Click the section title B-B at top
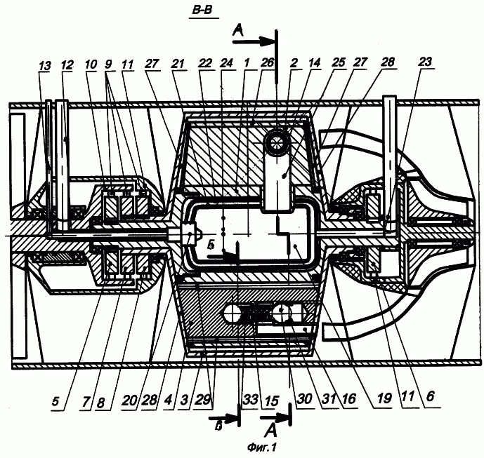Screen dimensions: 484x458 click(202, 11)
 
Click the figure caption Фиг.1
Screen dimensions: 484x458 click(261, 447)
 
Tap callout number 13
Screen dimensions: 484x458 click(45, 66)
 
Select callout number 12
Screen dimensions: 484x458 click(67, 65)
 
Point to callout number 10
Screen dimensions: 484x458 click(91, 65)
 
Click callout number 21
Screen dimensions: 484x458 click(178, 64)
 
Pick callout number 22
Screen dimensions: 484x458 click(205, 63)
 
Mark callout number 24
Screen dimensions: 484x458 click(226, 63)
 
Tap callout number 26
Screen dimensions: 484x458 click(267, 62)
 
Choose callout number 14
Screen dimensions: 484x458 click(314, 62)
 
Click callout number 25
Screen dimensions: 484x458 click(338, 62)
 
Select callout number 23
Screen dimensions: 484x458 click(425, 62)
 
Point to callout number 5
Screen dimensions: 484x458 click(55, 402)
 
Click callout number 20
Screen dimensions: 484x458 click(129, 400)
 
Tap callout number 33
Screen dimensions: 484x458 click(250, 400)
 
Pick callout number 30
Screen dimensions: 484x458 click(304, 399)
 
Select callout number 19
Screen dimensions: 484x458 click(384, 398)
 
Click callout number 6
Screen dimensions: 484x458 click(430, 396)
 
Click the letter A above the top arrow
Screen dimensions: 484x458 click(239, 31)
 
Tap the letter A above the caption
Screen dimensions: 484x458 click(270, 431)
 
